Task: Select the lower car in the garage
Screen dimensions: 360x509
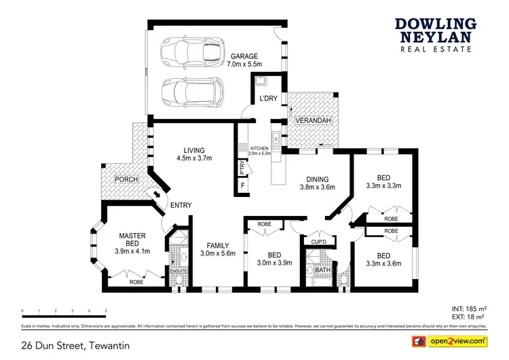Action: pos(192,91)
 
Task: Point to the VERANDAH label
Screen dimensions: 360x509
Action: pos(314,121)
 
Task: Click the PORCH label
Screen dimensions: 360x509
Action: pos(126,179)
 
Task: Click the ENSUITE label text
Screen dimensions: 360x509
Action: pos(179,271)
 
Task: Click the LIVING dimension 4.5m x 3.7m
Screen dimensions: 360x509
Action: pos(194,158)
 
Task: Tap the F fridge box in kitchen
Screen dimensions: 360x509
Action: pos(242,185)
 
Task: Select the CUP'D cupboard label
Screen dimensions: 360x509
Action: pos(319,241)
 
